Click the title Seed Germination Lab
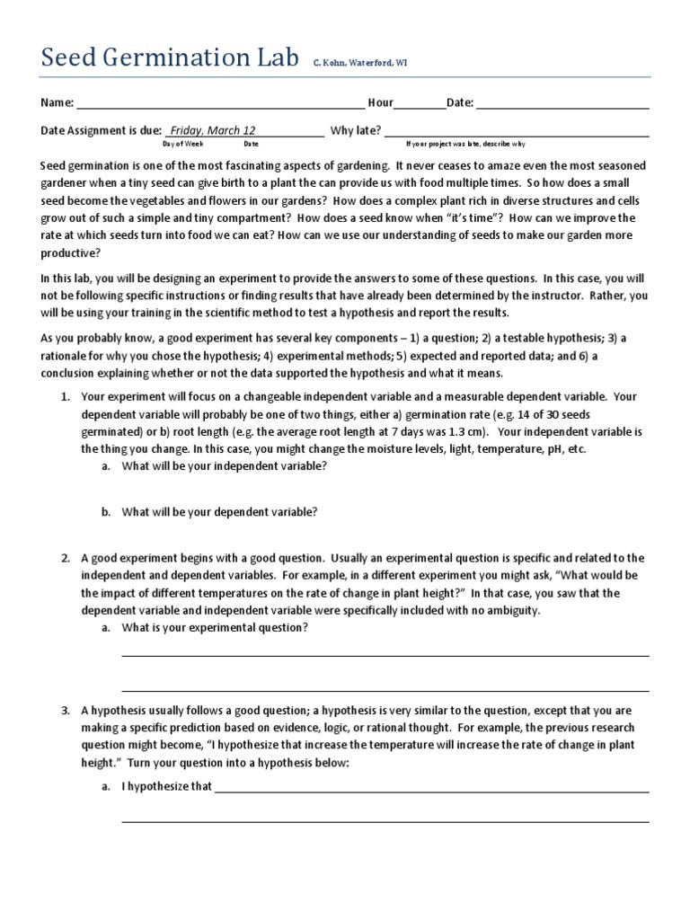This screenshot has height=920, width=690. (171, 59)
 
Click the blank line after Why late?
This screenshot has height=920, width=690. (517, 132)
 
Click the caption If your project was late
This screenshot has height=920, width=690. (465, 144)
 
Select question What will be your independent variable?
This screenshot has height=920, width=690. (224, 466)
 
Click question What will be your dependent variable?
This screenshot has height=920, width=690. (219, 511)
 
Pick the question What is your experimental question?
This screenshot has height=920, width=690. (215, 628)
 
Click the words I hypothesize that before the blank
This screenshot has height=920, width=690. (166, 787)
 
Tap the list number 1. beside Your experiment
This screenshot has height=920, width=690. (65, 395)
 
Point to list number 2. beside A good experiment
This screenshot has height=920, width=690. (65, 558)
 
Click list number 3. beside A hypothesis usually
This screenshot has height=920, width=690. (65, 710)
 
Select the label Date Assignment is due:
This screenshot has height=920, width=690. (99, 130)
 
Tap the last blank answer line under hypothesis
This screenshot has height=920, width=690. (385, 820)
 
